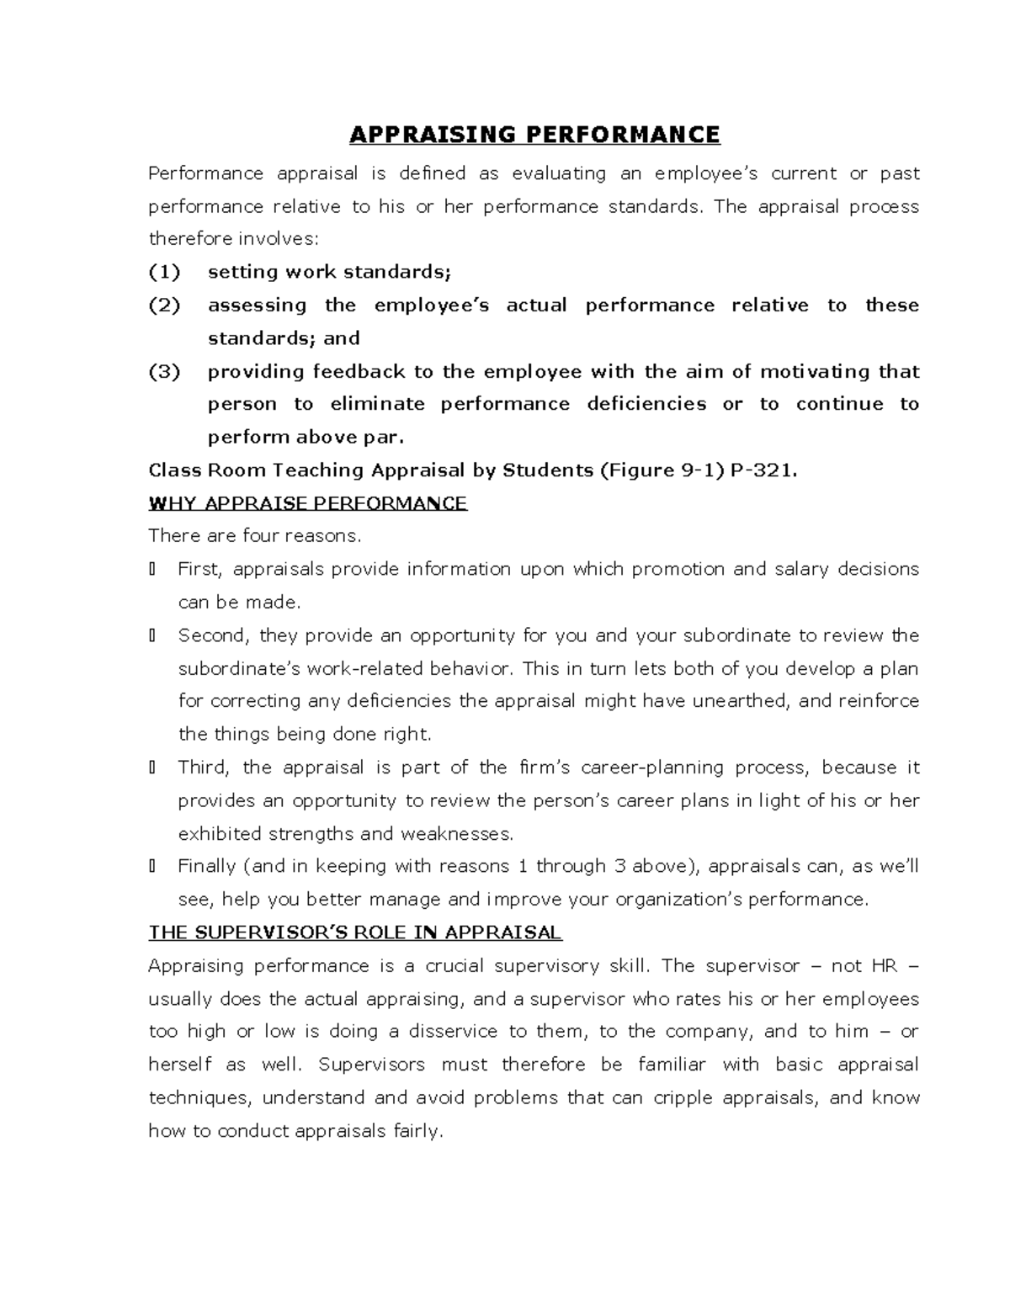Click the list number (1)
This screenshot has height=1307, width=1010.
pos(164,272)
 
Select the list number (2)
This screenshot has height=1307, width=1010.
pos(164,305)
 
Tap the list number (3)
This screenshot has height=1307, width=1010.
pos(164,371)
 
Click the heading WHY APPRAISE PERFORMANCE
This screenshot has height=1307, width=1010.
pos(307,503)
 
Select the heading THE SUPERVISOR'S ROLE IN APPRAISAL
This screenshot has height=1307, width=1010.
pos(354,932)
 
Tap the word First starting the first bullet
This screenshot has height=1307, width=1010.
pos(199,570)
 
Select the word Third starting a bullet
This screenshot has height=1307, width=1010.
pos(202,768)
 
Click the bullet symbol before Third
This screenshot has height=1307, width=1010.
pos(151,768)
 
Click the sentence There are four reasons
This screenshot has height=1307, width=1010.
pos(254,536)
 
